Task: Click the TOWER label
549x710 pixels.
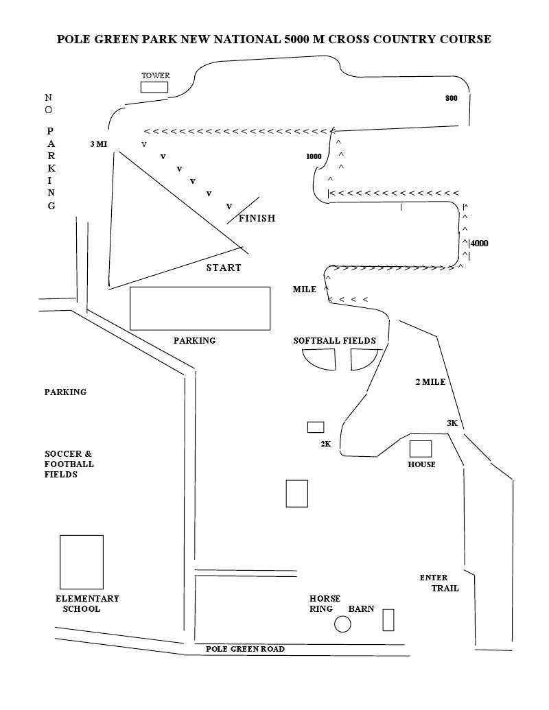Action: (155, 75)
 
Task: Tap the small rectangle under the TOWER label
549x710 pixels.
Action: (154, 87)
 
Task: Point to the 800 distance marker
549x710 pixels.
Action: (451, 98)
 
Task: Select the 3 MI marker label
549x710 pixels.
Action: (99, 144)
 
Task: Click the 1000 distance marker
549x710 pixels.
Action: (314, 156)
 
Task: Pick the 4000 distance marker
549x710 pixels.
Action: (480, 243)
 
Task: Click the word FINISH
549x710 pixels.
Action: (257, 218)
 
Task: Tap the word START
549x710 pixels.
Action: (224, 268)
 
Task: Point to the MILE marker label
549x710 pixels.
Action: (305, 289)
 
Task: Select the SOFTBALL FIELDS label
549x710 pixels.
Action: (334, 340)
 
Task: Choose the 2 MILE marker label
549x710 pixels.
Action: (430, 382)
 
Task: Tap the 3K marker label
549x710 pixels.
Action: (452, 423)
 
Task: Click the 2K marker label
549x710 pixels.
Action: (326, 444)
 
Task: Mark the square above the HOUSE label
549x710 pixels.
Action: (421, 449)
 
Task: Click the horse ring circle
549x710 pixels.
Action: (342, 624)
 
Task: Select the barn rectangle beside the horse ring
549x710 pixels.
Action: (388, 619)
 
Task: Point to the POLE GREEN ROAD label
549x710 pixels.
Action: (245, 649)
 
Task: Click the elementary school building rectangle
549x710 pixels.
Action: (81, 562)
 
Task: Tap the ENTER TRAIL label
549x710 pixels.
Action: (439, 583)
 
